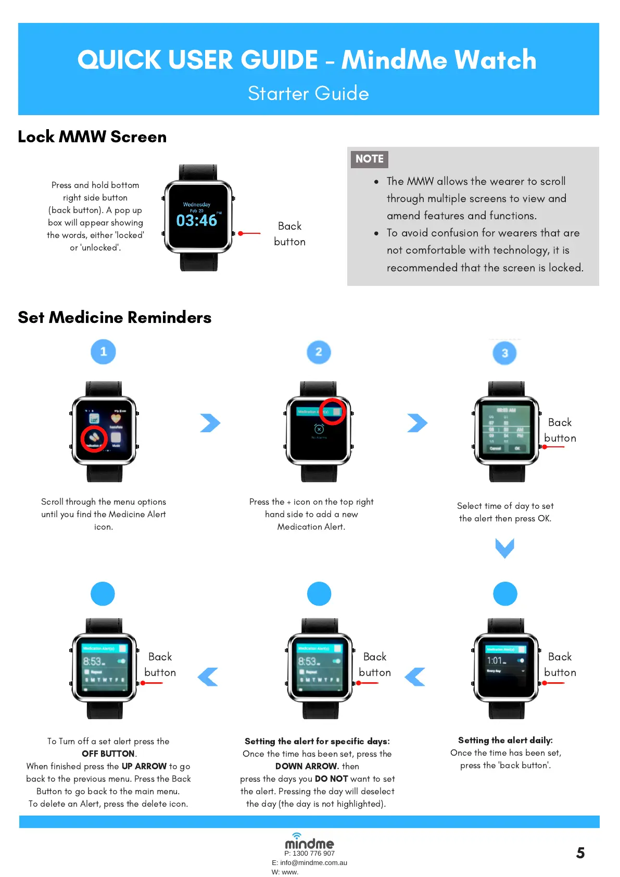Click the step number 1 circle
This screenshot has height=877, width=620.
coord(103,352)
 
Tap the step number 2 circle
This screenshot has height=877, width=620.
coord(319,352)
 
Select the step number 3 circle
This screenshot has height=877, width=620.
coord(504,353)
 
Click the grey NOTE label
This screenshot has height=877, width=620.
coord(370,159)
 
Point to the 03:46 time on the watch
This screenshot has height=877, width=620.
coord(196,221)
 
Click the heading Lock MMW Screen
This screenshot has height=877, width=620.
coord(92,137)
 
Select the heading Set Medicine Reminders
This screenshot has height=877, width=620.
coord(115,317)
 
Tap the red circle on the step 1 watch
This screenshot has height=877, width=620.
coord(94,438)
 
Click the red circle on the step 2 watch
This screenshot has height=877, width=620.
coord(332,411)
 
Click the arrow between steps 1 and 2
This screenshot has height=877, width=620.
coord(210,423)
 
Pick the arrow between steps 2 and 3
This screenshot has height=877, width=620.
coord(417,423)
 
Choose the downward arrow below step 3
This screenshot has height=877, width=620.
coord(504,548)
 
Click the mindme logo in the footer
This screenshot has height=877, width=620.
coord(309,842)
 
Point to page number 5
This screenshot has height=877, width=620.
coord(580,853)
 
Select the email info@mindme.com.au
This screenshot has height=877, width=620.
coord(313,862)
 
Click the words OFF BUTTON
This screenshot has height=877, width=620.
coord(108,754)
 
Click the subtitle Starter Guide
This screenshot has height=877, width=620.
coord(308,93)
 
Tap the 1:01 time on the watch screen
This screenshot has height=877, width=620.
coord(495,660)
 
